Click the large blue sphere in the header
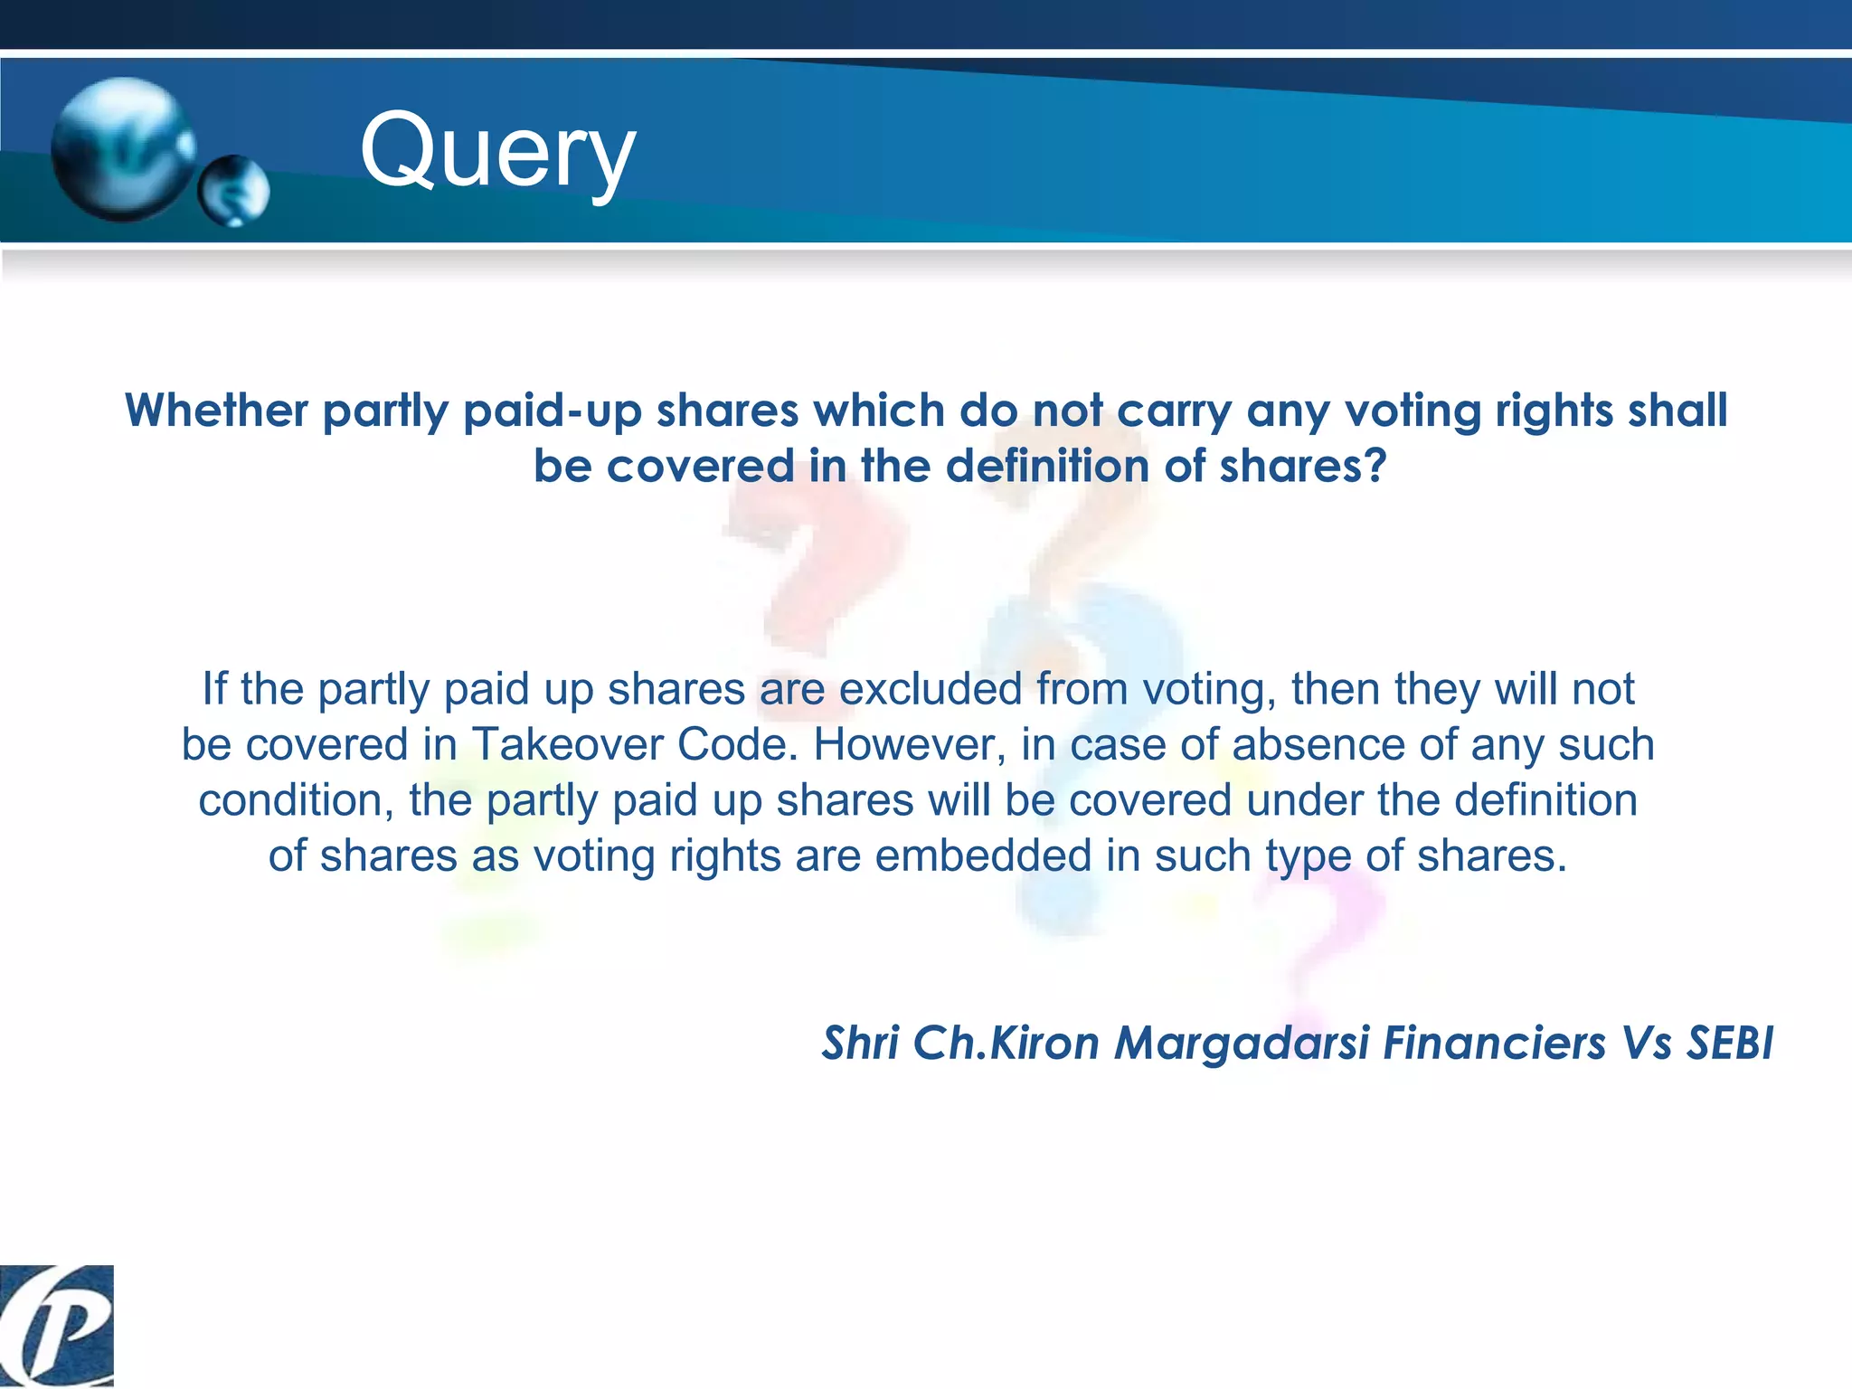coord(122,149)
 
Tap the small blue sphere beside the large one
coord(234,190)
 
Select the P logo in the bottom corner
coord(56,1325)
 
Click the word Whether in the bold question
coord(217,411)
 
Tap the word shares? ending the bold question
coord(1302,467)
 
